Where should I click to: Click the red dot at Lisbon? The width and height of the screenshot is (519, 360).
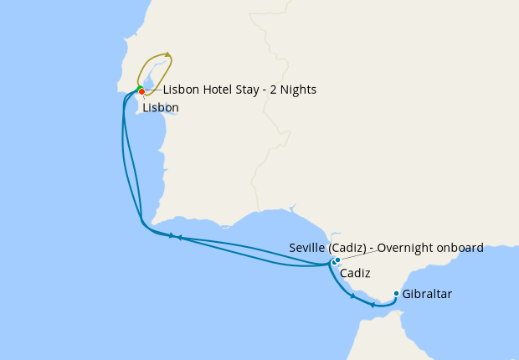[142, 91]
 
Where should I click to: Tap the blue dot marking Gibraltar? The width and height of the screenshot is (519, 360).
[396, 294]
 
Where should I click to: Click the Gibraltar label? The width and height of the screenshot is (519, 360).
[427, 295]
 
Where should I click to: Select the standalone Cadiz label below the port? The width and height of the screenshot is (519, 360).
[355, 274]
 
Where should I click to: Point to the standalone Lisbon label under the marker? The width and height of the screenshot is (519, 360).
[160, 108]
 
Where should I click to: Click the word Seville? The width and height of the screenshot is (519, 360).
[307, 248]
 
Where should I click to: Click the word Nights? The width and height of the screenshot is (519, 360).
[297, 90]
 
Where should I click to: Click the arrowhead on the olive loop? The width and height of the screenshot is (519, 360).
[168, 55]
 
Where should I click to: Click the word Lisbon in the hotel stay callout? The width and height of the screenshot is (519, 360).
[181, 90]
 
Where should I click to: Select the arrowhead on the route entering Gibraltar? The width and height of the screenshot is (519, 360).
[352, 296]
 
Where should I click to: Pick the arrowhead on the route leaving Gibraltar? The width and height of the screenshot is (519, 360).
[372, 305]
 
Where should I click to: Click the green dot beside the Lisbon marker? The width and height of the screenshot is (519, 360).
[139, 89]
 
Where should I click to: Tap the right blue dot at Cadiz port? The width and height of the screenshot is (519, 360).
[337, 260]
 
